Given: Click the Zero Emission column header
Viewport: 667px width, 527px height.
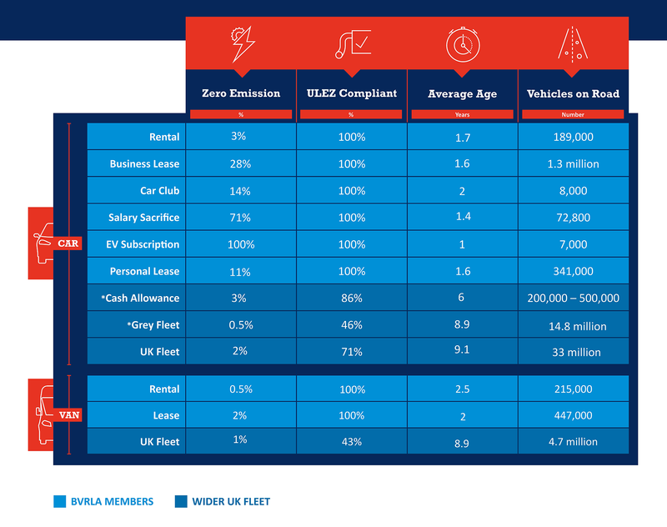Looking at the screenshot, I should (240, 93).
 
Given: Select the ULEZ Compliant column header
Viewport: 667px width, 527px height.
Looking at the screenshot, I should (351, 93).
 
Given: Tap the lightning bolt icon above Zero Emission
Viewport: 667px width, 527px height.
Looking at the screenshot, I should (240, 43).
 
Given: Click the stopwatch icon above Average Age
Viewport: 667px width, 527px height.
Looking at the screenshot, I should (462, 43).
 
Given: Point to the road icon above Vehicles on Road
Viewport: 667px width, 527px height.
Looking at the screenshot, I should (573, 43).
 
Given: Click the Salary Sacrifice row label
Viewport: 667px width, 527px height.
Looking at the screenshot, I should (143, 218).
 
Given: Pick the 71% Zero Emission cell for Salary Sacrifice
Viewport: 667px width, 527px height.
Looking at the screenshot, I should (240, 218).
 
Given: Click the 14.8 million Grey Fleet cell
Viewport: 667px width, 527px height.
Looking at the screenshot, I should (573, 325).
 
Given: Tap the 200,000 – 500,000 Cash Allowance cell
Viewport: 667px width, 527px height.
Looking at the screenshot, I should (573, 299).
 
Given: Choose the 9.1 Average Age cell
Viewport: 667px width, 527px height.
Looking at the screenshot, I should (462, 350).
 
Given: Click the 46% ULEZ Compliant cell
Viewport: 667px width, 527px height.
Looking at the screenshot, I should (351, 325).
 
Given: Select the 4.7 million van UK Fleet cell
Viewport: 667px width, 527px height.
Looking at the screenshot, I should (573, 441).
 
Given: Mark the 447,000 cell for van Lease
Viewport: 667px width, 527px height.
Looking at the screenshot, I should (573, 415).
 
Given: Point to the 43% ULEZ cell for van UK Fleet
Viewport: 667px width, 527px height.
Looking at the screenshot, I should (351, 441).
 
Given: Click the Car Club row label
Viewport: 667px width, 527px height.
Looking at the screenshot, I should (158, 191).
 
